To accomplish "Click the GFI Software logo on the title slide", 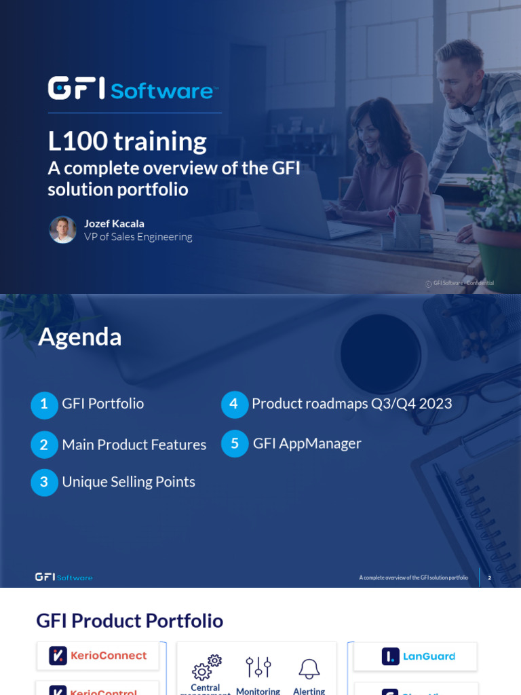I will [133, 89].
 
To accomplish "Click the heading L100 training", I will [127, 141].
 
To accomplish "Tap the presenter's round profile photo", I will [62, 229].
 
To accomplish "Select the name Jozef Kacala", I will [114, 223].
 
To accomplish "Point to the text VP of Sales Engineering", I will [138, 237].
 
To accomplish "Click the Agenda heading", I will [80, 337].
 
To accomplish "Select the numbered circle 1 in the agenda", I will [44, 405].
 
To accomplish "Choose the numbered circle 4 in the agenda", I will [234, 405].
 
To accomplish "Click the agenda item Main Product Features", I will [134, 445].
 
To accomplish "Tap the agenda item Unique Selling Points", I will [128, 482].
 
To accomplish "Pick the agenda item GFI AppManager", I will [307, 444].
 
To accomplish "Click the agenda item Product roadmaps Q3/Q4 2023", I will [351, 404].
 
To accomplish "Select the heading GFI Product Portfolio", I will [130, 620].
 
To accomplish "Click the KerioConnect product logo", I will [98, 656].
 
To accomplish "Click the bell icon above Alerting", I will [309, 668].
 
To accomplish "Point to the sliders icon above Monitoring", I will [258, 667].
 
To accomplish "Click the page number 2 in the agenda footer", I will [489, 578].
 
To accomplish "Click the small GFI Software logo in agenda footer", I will [64, 577].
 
